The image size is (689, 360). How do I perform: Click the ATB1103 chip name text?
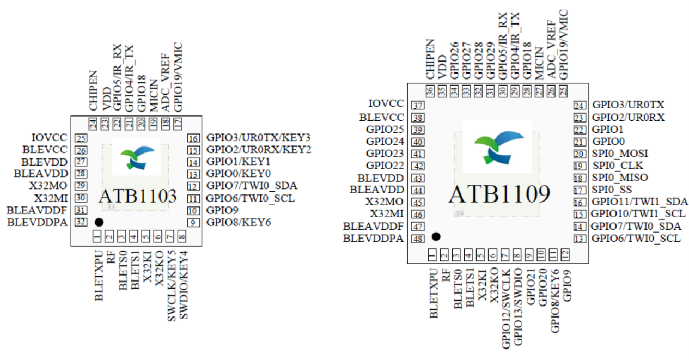pos(137,197)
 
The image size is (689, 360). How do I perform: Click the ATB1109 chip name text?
pos(499,194)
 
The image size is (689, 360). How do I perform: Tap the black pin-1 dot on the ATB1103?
pos(99,222)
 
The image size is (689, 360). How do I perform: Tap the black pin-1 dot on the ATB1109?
pos(435,236)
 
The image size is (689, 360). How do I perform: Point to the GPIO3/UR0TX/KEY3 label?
pos(259,137)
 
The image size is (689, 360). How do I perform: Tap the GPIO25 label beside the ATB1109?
pos(385,130)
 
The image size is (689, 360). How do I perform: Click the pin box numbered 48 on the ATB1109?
pos(418,239)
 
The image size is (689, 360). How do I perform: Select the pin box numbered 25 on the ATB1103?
pos(81,138)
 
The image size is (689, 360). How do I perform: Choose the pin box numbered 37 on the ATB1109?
pos(418,106)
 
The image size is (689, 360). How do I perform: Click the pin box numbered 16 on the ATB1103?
pos(193,137)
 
